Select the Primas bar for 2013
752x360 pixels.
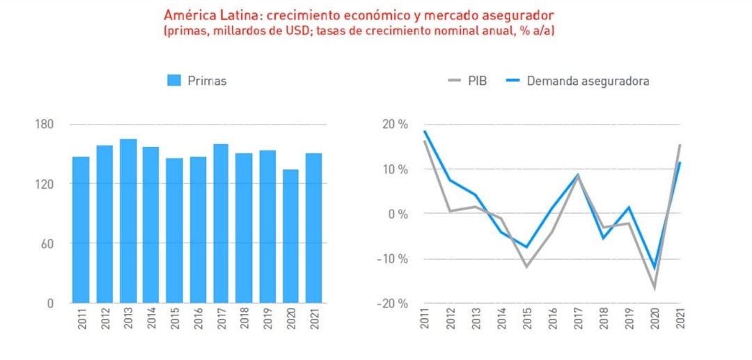point(128,221)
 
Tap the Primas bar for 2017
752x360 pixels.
point(221,224)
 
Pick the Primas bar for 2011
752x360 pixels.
point(81,230)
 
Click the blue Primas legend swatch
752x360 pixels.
point(174,81)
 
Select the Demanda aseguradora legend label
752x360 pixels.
point(588,81)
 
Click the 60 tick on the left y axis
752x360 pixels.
point(47,244)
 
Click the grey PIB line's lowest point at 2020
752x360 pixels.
point(655,287)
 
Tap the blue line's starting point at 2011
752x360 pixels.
point(424,131)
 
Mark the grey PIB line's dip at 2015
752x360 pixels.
point(526,266)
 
